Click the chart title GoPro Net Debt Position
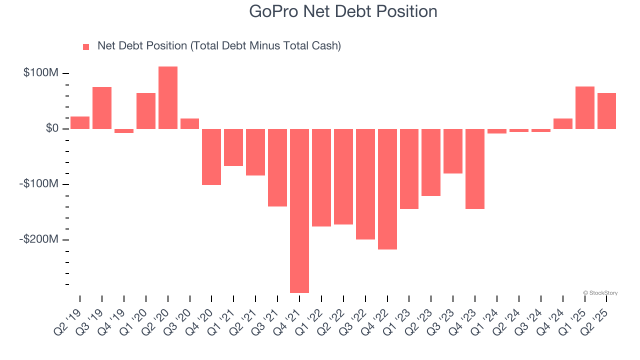(343, 11)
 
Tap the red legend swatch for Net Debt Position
(86, 46)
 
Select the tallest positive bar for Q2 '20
(168, 97)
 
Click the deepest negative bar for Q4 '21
(299, 210)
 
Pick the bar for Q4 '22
(387, 189)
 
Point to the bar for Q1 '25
(585, 107)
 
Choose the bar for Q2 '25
(606, 111)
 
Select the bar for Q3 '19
(102, 108)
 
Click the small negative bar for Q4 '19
(124, 131)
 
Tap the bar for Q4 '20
(211, 157)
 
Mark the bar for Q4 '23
(475, 169)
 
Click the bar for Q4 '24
(563, 123)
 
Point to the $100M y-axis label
(40, 73)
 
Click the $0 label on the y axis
(51, 128)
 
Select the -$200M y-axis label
(38, 239)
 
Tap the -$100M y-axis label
(38, 184)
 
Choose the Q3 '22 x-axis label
(355, 315)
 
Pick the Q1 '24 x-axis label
(486, 315)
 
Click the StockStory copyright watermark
(600, 293)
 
